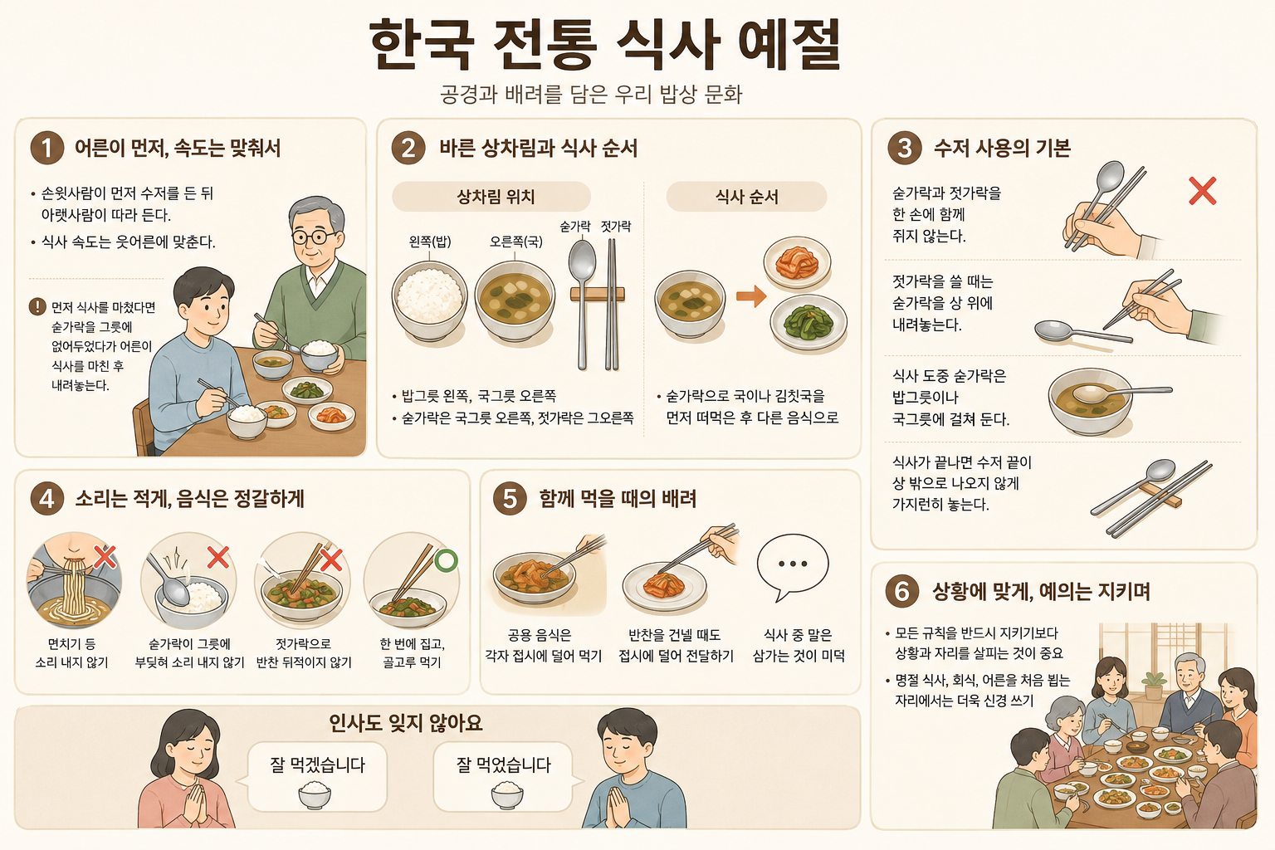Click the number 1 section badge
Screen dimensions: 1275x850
47,148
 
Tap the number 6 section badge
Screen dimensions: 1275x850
902,591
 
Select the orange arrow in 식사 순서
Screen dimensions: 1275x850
751,296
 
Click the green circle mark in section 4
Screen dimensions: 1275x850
447,560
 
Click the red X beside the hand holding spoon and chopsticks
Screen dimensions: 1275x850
1203,191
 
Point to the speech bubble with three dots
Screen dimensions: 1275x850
792,566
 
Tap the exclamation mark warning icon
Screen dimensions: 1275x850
37,307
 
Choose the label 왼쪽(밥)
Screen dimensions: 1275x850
430,242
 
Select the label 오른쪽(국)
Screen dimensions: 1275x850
515,242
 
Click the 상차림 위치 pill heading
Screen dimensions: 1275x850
491,197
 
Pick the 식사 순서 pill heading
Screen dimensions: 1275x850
746,197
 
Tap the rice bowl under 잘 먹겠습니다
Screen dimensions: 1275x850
315,794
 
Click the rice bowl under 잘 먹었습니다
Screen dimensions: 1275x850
507,794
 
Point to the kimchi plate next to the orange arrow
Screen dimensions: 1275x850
797,263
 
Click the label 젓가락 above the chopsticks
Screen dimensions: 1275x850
616,227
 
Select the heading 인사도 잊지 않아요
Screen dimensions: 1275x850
405,723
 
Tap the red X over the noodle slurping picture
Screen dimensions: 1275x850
105,557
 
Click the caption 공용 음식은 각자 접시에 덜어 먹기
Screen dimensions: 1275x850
543,645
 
